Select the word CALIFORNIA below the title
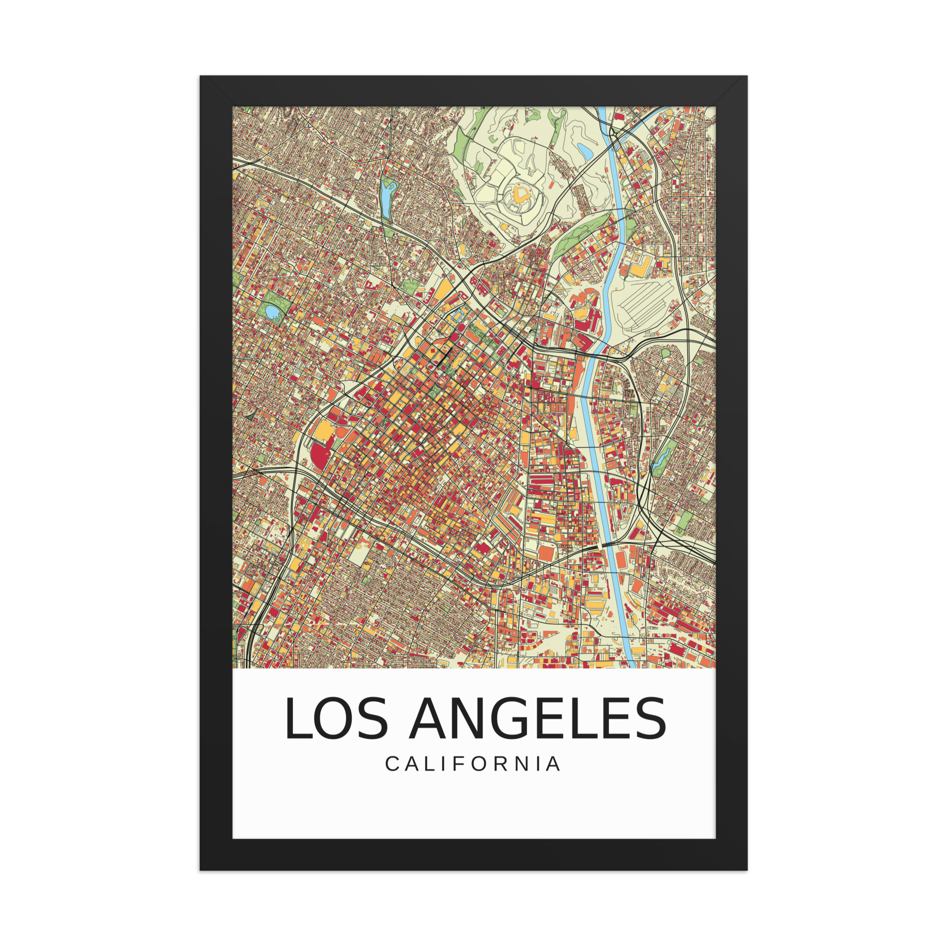[x=472, y=764]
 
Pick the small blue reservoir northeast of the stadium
[x=585, y=151]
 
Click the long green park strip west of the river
[x=582, y=235]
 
